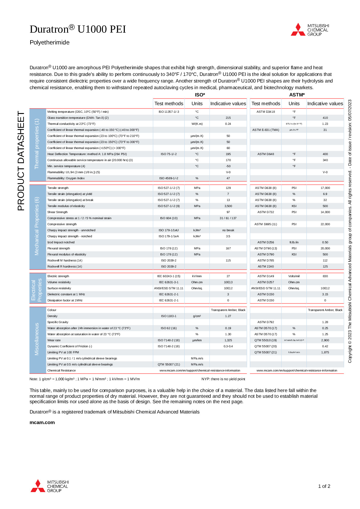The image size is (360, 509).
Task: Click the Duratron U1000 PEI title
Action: point(78,29)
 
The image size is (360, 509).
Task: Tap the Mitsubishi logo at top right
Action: point(310,30)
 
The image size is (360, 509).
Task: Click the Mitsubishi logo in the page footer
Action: point(50,486)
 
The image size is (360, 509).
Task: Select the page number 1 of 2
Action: point(324,486)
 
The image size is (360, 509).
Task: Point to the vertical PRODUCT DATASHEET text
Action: point(21,161)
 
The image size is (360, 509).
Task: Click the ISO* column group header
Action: point(200,95)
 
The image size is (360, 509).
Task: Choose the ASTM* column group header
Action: point(297,95)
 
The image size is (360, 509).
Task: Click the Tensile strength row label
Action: point(58,188)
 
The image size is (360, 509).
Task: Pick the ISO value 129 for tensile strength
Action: point(228,188)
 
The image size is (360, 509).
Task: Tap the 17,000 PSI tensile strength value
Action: point(325,188)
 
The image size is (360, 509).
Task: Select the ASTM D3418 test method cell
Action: point(266,112)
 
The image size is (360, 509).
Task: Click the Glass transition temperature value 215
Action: point(228,118)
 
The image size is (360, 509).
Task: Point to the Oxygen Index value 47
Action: point(228,178)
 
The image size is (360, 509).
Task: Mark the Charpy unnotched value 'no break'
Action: point(228,230)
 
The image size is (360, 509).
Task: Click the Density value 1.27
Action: point(228,316)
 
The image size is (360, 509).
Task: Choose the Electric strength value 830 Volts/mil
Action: point(325,276)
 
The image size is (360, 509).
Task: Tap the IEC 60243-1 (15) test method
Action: point(169,276)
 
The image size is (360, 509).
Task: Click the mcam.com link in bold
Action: point(42,423)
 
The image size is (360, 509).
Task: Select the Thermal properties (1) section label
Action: point(37,144)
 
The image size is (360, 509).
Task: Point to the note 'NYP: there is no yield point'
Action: point(223,379)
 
